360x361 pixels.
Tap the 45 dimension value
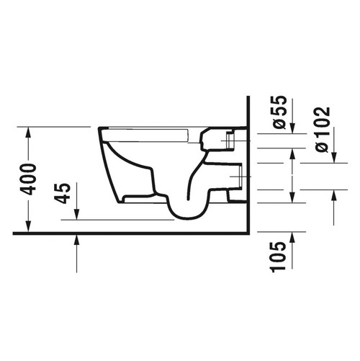point(63,192)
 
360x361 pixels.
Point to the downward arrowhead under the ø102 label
point(334,158)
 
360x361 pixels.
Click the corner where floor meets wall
point(246,233)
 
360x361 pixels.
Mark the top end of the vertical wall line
point(246,97)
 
